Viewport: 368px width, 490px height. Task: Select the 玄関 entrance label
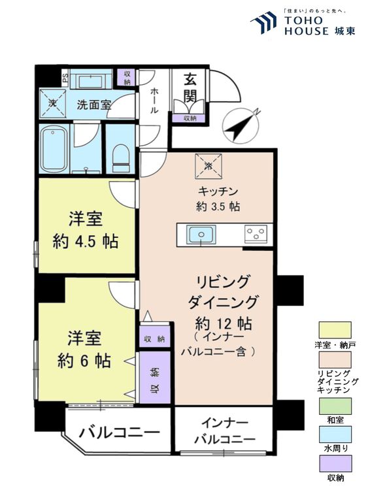[190, 88]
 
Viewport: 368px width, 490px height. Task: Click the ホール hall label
[154, 101]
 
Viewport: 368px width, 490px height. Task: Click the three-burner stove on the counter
[256, 235]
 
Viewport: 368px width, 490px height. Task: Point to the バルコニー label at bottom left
[120, 432]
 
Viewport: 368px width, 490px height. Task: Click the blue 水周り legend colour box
[335, 434]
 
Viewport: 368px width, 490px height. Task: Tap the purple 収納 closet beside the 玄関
[190, 118]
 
